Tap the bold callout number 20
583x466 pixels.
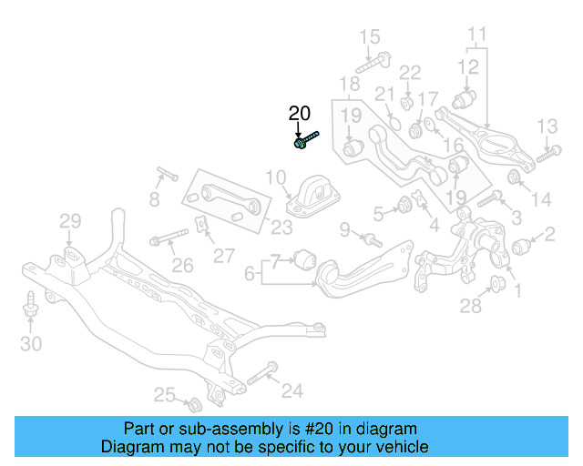coord(300,114)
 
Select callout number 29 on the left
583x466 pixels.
coord(70,220)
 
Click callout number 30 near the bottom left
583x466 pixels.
coord(31,343)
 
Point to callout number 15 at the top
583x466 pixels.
coord(368,37)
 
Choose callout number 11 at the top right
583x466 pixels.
coord(478,37)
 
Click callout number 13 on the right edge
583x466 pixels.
coord(546,126)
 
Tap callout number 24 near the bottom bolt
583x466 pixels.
coord(291,391)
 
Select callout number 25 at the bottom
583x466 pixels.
coord(164,394)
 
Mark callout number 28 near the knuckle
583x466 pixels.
coord(470,307)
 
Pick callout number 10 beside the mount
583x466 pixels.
coord(276,177)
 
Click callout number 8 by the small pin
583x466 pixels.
coord(155,198)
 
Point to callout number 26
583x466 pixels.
coord(183,266)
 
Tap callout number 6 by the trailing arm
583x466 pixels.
coord(250,271)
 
